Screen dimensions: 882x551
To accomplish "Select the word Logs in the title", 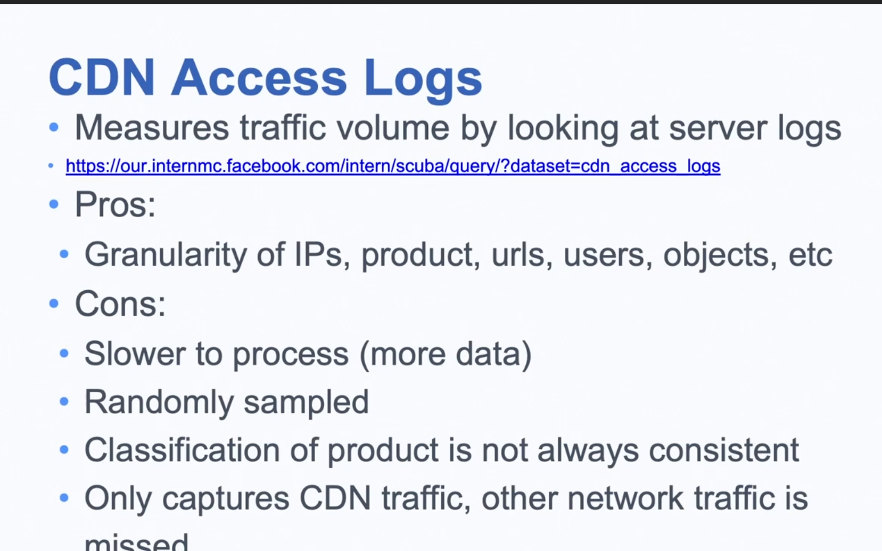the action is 423,81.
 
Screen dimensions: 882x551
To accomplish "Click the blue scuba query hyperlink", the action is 393,166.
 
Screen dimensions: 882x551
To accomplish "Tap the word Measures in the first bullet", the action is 152,128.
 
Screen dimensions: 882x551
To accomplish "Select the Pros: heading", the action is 115,204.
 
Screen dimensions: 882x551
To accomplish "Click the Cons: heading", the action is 120,303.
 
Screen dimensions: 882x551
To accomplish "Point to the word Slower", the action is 135,353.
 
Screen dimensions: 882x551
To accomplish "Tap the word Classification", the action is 182,450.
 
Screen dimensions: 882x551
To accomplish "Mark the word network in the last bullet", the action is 625,498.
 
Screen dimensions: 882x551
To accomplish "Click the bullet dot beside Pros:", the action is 54,204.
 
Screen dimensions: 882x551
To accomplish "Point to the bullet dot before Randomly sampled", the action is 64,402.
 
